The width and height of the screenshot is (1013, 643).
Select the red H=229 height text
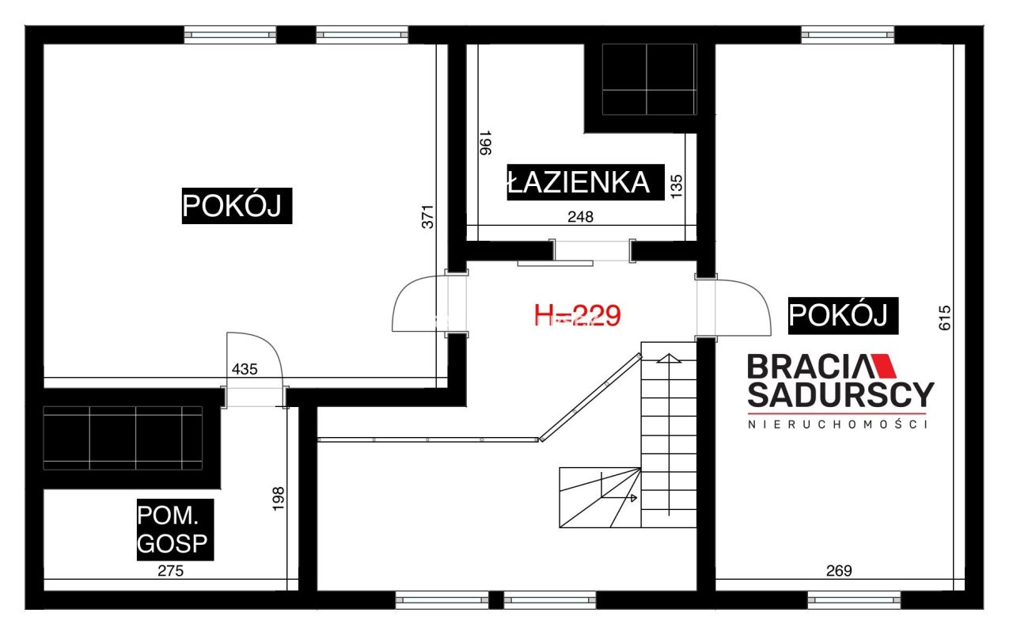click(577, 316)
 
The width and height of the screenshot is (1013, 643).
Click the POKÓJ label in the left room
click(237, 205)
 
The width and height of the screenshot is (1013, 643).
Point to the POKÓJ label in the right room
click(844, 315)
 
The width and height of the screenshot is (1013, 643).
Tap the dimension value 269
click(839, 570)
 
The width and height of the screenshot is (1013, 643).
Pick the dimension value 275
click(170, 570)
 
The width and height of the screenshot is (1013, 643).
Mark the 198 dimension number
click(278, 500)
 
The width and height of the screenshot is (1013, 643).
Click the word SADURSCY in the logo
click(840, 394)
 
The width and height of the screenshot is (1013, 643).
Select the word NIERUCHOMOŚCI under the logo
click(838, 425)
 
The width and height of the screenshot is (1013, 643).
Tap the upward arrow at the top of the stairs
click(669, 357)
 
